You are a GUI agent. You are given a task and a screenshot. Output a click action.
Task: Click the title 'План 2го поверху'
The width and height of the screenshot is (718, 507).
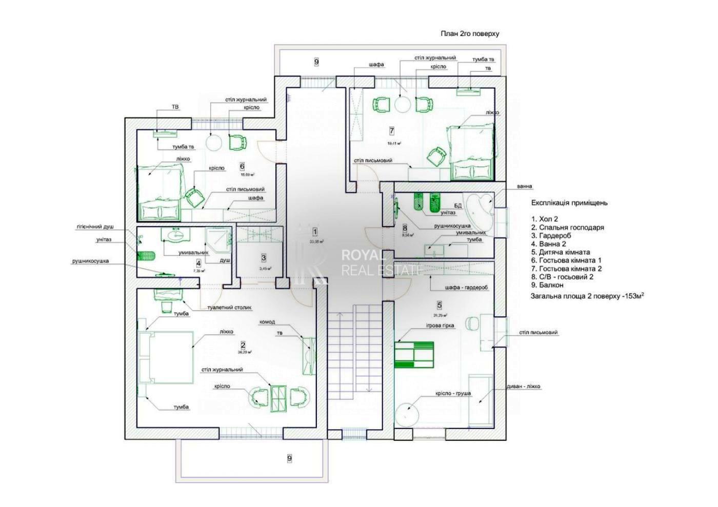point(470,34)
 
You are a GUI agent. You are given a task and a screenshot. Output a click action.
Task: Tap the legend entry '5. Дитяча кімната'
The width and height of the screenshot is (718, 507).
point(561,252)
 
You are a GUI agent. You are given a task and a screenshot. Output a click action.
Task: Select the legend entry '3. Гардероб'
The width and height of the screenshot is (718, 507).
point(551,236)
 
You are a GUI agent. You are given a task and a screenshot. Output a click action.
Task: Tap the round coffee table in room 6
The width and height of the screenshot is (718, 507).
point(214,143)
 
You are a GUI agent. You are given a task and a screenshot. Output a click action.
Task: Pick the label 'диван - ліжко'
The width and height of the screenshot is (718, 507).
point(524,387)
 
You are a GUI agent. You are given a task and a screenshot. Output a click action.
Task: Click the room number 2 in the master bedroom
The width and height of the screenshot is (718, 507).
point(243,345)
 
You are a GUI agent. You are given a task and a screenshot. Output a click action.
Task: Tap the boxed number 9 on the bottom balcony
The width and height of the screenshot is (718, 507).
point(289,458)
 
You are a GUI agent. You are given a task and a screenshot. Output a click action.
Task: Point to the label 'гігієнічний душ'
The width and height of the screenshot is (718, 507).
point(95,227)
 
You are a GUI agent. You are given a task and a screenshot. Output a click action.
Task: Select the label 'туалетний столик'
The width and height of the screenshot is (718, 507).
point(229,308)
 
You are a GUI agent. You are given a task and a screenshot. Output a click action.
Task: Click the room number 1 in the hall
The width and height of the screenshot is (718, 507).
point(315,232)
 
